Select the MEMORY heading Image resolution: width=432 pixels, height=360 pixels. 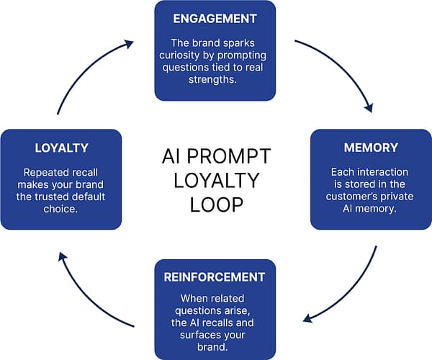[372, 148]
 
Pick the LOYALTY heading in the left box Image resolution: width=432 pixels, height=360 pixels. [61, 148]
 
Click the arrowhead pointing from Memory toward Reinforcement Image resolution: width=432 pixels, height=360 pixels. [307, 318]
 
